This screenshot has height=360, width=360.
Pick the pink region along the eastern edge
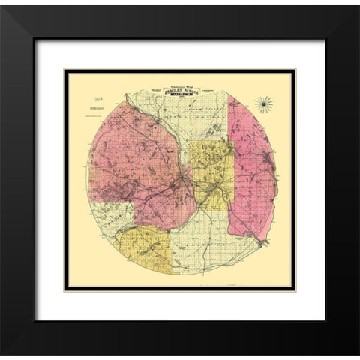click(255, 172)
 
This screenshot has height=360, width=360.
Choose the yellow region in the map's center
click(210, 169)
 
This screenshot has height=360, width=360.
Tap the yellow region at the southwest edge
click(142, 247)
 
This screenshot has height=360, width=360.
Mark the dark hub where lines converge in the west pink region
click(182, 181)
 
